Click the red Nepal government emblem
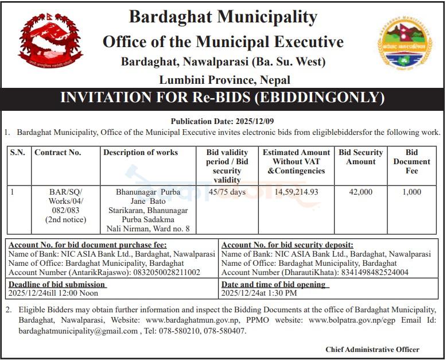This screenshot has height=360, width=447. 50,43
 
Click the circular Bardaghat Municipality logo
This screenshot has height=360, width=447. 404,44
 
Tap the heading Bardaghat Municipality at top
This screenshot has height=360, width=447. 223,17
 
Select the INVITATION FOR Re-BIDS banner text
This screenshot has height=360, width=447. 223,98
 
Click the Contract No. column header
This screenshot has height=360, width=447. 58,153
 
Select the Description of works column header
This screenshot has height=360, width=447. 141,153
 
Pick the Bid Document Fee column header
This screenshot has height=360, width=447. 411,161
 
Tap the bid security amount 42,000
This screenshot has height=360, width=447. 360,192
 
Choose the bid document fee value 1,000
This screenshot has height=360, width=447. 411,192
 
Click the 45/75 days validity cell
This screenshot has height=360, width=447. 227,192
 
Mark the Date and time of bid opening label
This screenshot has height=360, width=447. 274,284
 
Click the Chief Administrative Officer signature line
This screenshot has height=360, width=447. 372,349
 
